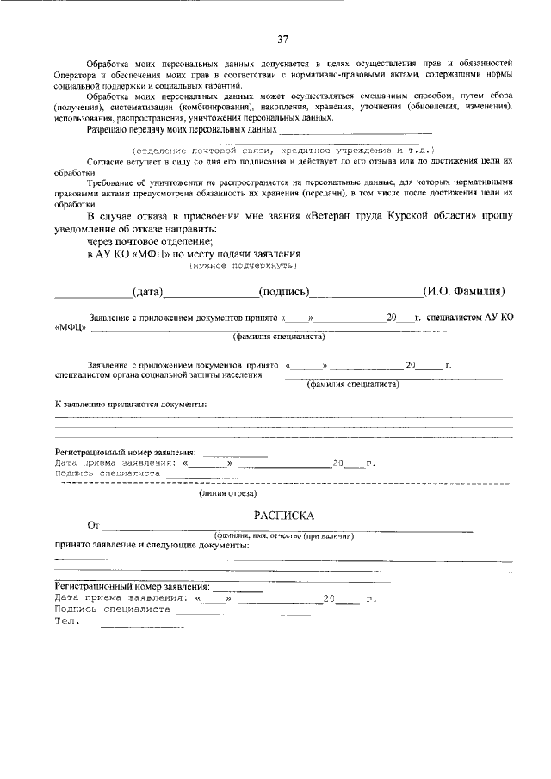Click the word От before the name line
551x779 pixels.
point(94,524)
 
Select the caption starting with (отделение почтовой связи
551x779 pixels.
point(282,149)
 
